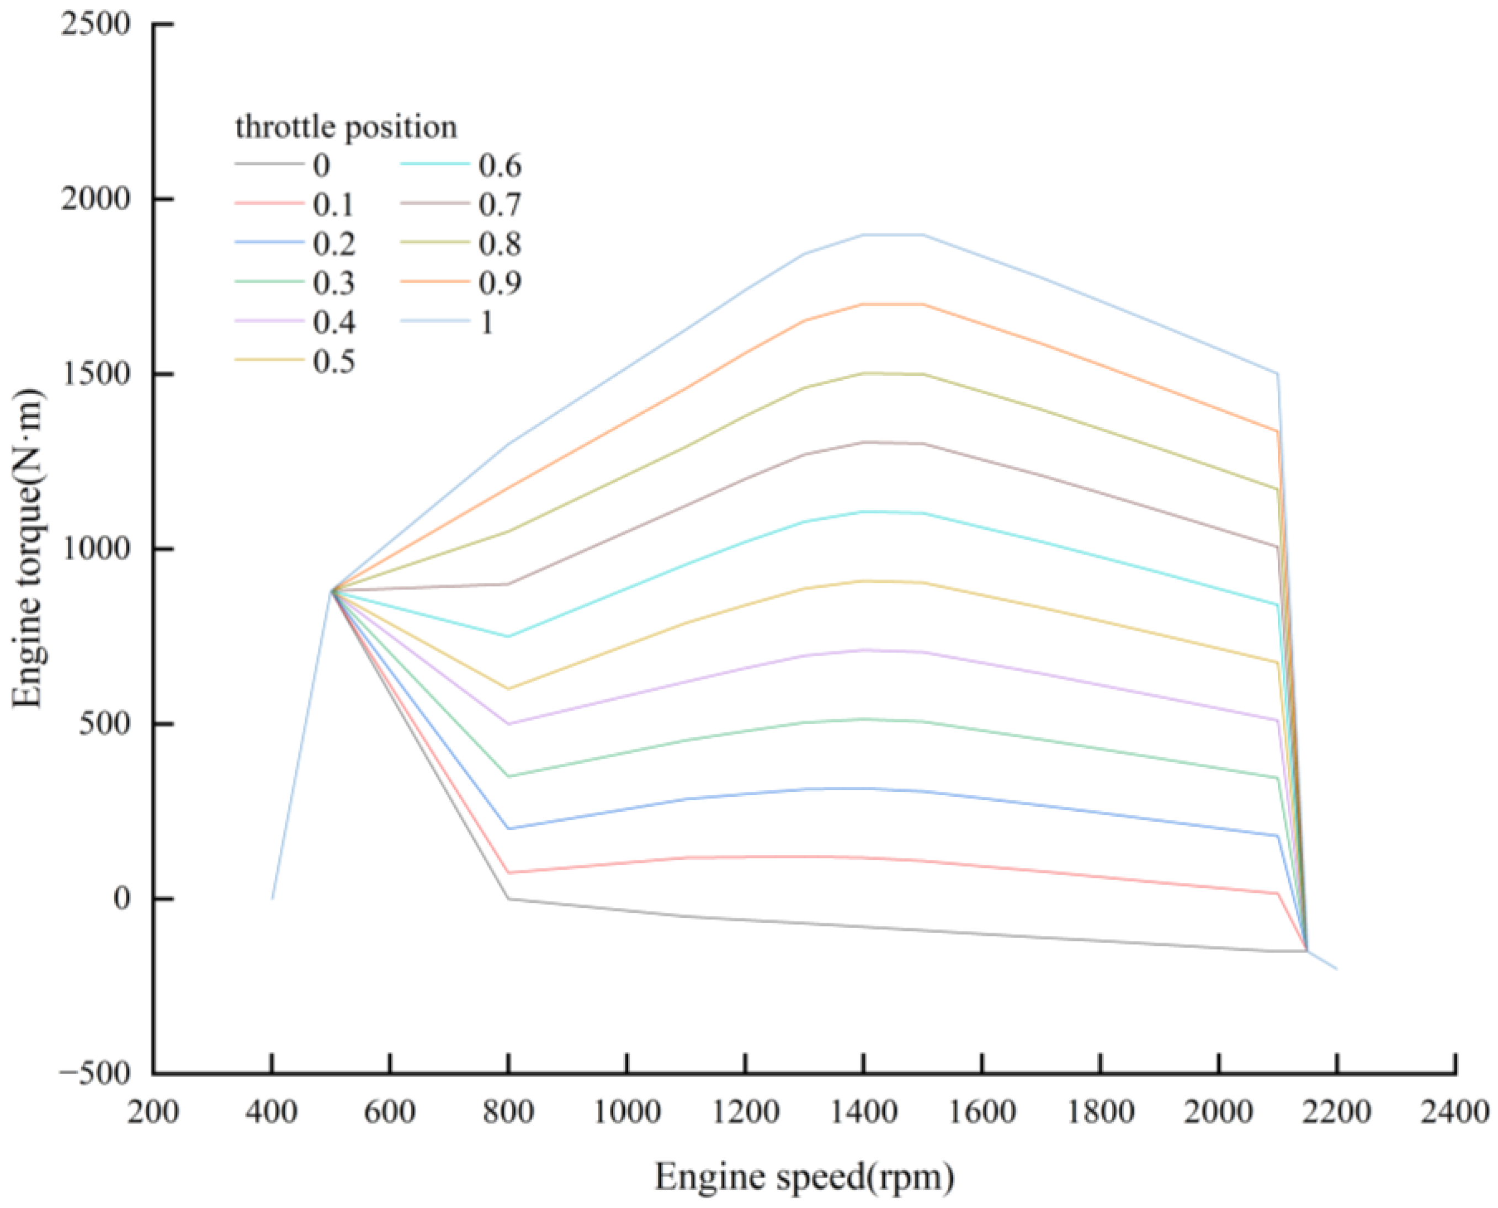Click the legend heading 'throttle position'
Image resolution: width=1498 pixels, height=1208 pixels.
[346, 127]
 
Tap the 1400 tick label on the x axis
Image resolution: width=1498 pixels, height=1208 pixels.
[863, 1113]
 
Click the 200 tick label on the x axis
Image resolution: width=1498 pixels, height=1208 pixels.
[153, 1113]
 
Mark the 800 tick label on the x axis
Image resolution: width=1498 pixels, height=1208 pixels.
[508, 1113]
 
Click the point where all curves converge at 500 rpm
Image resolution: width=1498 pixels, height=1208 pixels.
[331, 590]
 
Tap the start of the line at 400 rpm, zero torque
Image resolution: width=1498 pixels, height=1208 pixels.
[272, 898]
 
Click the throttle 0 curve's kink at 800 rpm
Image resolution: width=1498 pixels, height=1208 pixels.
[508, 898]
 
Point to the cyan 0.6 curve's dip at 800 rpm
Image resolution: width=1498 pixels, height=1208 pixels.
[508, 636]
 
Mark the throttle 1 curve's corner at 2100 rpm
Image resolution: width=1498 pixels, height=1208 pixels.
[1277, 374]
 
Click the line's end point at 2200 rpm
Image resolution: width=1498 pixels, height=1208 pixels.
[1336, 968]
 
